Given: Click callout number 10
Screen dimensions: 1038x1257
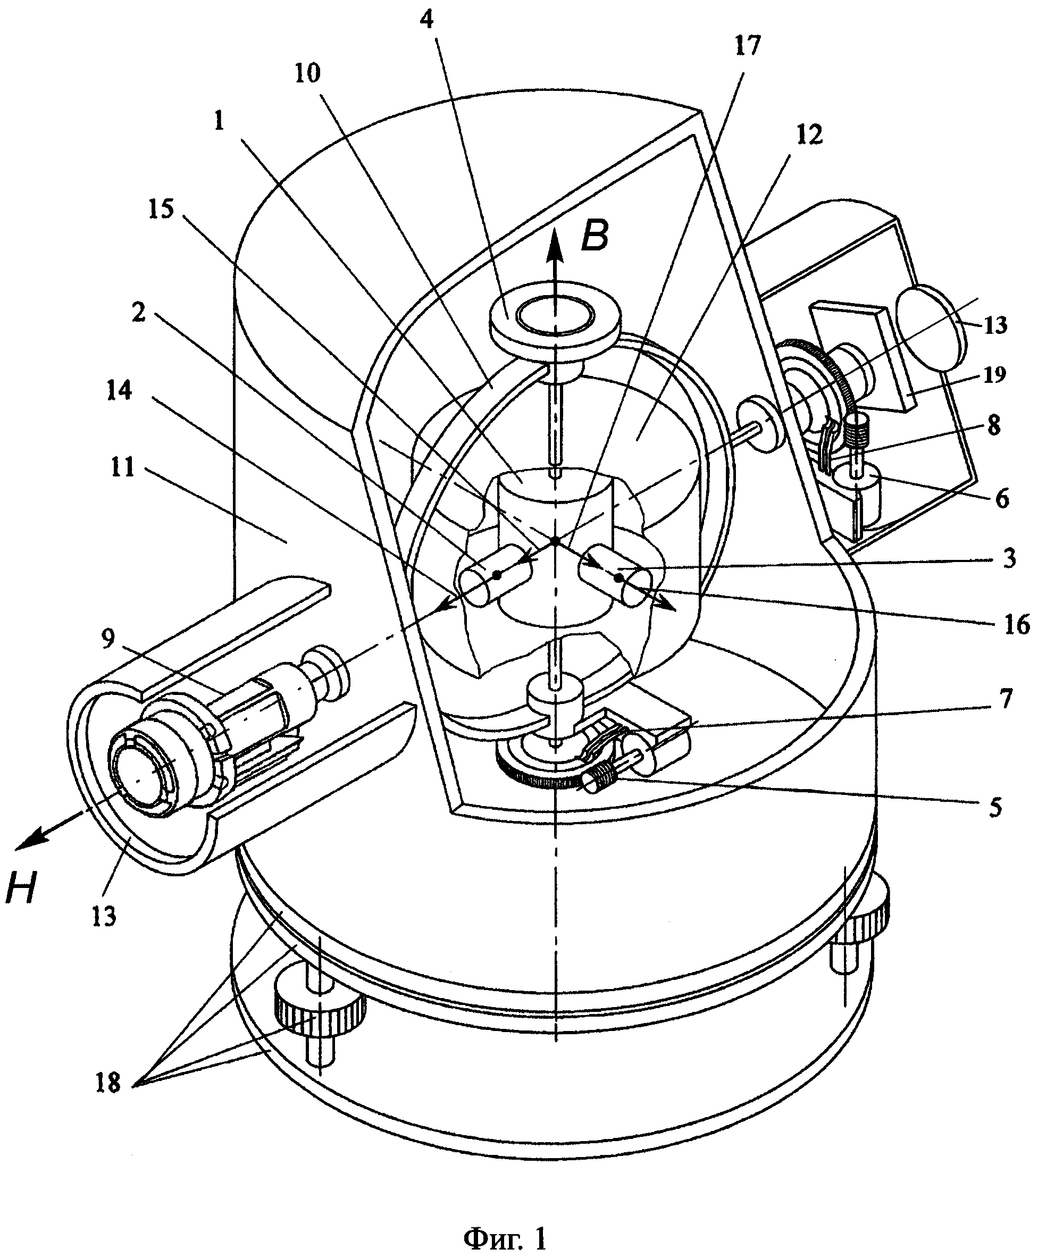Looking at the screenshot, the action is pos(307,72).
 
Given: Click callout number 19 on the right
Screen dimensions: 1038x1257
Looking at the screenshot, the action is pos(993,374).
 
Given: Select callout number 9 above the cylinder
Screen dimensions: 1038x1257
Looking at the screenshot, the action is pos(107,639).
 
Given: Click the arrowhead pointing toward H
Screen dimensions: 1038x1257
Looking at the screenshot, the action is pos(30,839).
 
